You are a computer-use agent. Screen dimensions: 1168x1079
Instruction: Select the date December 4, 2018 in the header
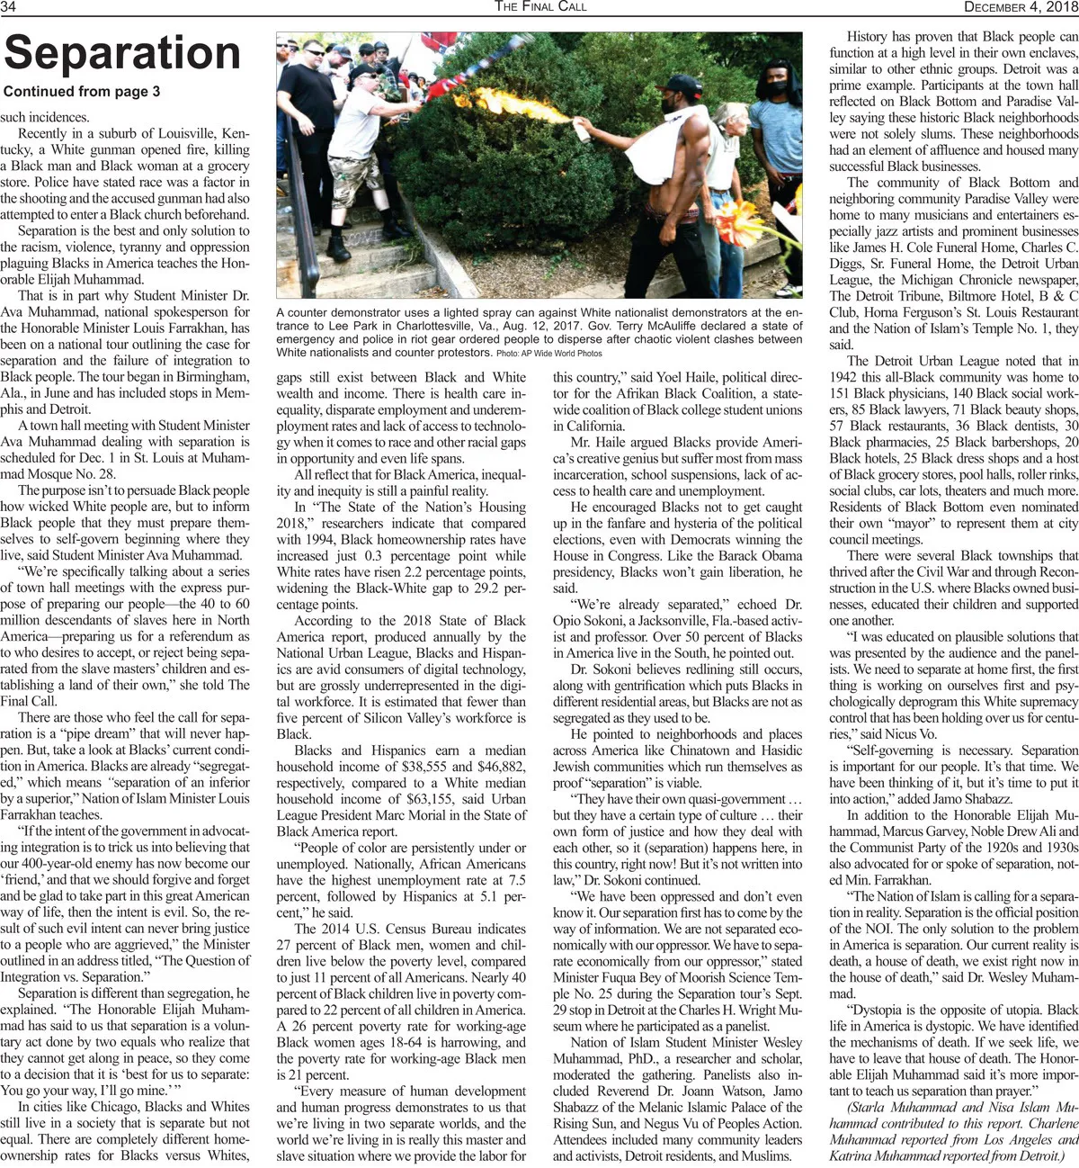pos(1021,6)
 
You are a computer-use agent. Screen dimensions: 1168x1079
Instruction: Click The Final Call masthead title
pos(540,6)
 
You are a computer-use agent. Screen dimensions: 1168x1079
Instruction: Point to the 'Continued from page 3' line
pos(82,92)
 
